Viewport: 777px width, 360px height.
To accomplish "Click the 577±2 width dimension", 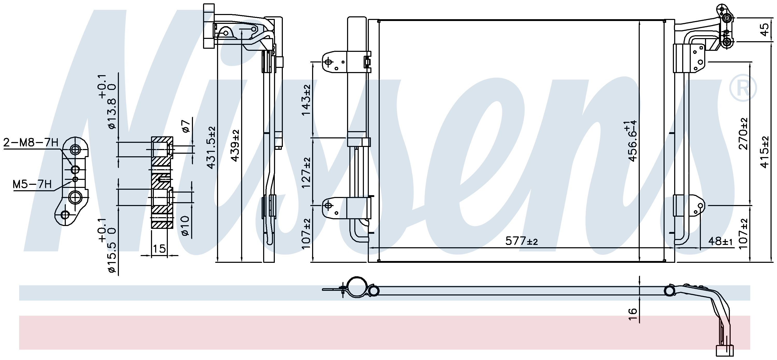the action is coord(522,241).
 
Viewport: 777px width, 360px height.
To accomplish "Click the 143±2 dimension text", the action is coord(306,100).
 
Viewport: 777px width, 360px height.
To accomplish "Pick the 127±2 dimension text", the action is coord(306,172).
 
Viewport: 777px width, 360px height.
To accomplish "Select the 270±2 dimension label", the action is coord(743,133).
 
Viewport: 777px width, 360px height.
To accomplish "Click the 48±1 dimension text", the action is coord(720,241).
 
